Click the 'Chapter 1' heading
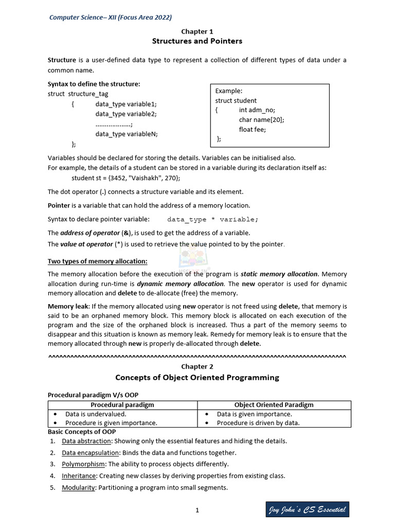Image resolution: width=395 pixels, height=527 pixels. point(197,31)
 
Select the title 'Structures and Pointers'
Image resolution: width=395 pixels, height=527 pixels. point(197,41)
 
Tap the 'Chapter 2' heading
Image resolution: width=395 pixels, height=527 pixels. point(197,366)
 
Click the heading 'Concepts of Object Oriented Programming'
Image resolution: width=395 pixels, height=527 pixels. point(197,377)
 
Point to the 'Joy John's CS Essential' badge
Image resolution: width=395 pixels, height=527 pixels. point(308,510)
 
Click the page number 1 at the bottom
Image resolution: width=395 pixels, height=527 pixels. point(197,511)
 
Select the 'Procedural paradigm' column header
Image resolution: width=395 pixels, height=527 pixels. point(122,405)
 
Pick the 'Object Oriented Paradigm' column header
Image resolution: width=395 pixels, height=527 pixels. point(274,405)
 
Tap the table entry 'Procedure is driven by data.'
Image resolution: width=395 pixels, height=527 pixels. point(258,423)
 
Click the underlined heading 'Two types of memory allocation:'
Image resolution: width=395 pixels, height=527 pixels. point(98,261)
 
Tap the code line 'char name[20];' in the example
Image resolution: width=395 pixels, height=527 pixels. point(261,119)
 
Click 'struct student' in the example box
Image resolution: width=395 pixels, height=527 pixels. point(236,100)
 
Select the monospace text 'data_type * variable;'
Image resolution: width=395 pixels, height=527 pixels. point(212,219)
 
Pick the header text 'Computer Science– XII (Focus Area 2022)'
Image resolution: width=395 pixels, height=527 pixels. point(111,17)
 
